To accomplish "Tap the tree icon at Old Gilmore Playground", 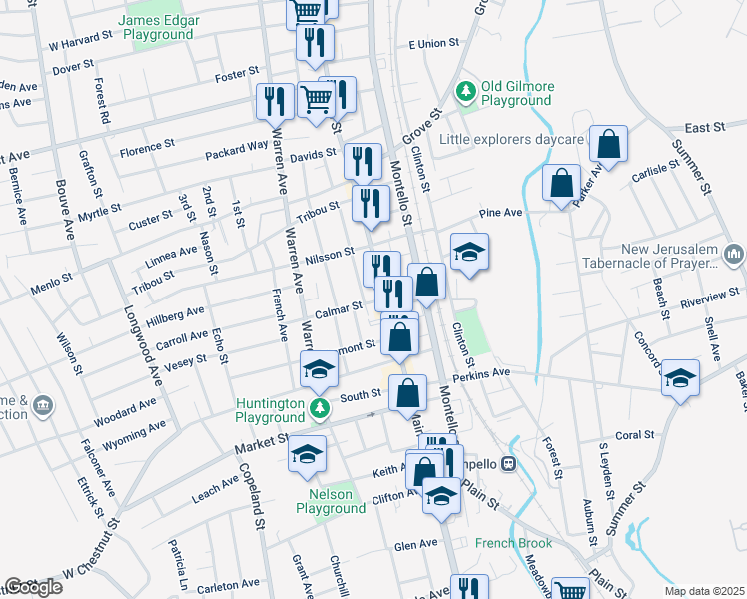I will pyautogui.click(x=465, y=93).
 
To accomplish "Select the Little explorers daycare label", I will pyautogui.click(x=511, y=140).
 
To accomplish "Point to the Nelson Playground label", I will pyautogui.click(x=330, y=501).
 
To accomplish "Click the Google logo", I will pyautogui.click(x=32, y=587).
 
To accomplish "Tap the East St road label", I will pyautogui.click(x=704, y=128).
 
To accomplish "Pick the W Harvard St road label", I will pyautogui.click(x=81, y=45).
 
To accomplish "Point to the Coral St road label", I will pyautogui.click(x=634, y=435).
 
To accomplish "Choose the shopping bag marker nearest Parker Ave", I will pyautogui.click(x=607, y=145).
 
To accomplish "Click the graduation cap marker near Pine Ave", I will pyautogui.click(x=469, y=251).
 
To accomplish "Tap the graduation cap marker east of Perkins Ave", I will pyautogui.click(x=680, y=378).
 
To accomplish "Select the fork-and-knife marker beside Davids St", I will pyautogui.click(x=363, y=160).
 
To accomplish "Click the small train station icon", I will pyautogui.click(x=507, y=463).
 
